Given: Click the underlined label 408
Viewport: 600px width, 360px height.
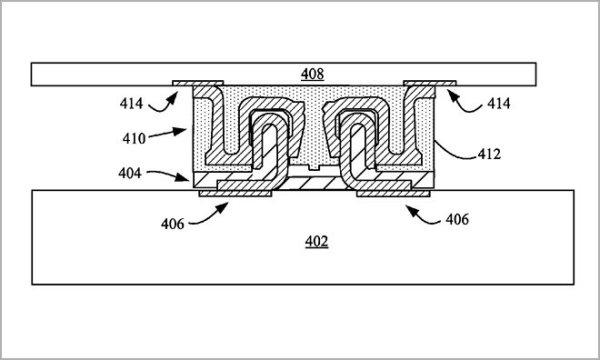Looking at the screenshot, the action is pos(312,74).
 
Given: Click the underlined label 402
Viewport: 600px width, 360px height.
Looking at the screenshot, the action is pos(316,242).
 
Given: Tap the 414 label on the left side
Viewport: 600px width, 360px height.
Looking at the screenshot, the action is pos(131,103).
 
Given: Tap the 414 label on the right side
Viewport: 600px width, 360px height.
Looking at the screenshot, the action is pos(499,103).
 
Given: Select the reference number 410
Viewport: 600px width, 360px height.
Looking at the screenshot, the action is pos(134,138).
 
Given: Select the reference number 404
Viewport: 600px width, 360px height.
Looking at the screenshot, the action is pos(130,173).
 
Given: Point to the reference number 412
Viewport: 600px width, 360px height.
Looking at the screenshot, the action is pos(489,154).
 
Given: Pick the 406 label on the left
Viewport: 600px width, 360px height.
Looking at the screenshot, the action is pos(172,224).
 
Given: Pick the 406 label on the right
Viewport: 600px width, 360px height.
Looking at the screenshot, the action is pos(457,219).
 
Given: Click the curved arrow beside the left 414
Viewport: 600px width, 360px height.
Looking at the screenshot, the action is pos(163,106).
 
